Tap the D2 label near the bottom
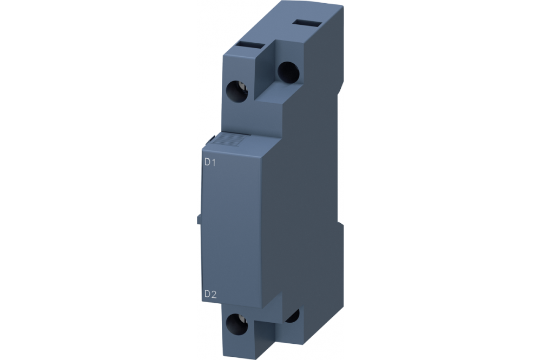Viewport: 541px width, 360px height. [210, 294]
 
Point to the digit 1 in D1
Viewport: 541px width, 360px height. [214, 162]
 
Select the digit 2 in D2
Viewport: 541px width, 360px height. [214, 294]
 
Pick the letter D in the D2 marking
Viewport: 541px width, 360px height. [207, 294]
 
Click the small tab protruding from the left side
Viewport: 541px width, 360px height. [199, 218]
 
